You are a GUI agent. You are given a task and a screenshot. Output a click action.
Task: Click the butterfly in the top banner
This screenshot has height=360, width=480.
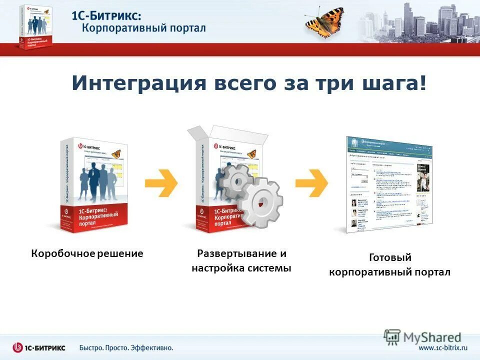point(324,21)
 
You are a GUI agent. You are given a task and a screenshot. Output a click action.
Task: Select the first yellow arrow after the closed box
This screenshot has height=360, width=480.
point(161,183)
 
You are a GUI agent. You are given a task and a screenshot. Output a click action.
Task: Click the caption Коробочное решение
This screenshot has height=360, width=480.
point(87,253)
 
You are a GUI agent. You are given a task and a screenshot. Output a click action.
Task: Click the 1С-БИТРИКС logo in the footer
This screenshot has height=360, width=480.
point(39,347)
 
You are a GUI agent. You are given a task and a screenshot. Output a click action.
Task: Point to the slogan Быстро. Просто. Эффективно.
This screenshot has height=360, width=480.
point(126,347)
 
